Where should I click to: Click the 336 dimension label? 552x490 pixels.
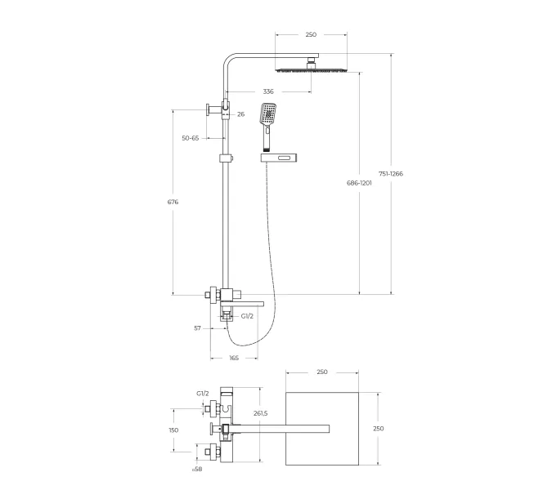268,91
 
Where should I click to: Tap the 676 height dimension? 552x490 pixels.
173,202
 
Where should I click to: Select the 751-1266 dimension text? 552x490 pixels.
391,174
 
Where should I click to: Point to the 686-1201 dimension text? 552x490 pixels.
359,183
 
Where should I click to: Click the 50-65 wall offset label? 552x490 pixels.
191,138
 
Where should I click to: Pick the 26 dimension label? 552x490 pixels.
240,114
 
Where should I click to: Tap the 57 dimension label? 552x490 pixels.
197,328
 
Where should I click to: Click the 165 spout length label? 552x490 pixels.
234,358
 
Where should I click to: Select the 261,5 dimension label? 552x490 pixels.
261,413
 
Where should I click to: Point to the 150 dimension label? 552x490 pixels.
173,430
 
